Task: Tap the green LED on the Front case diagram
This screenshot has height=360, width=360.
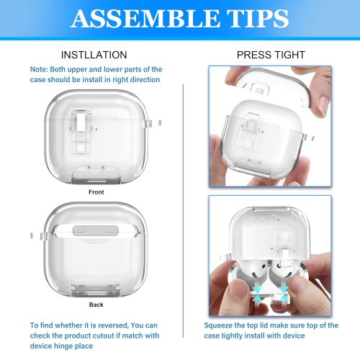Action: point(96,130)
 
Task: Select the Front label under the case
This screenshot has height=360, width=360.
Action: point(96,192)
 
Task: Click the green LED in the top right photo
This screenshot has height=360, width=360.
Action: point(263,132)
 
